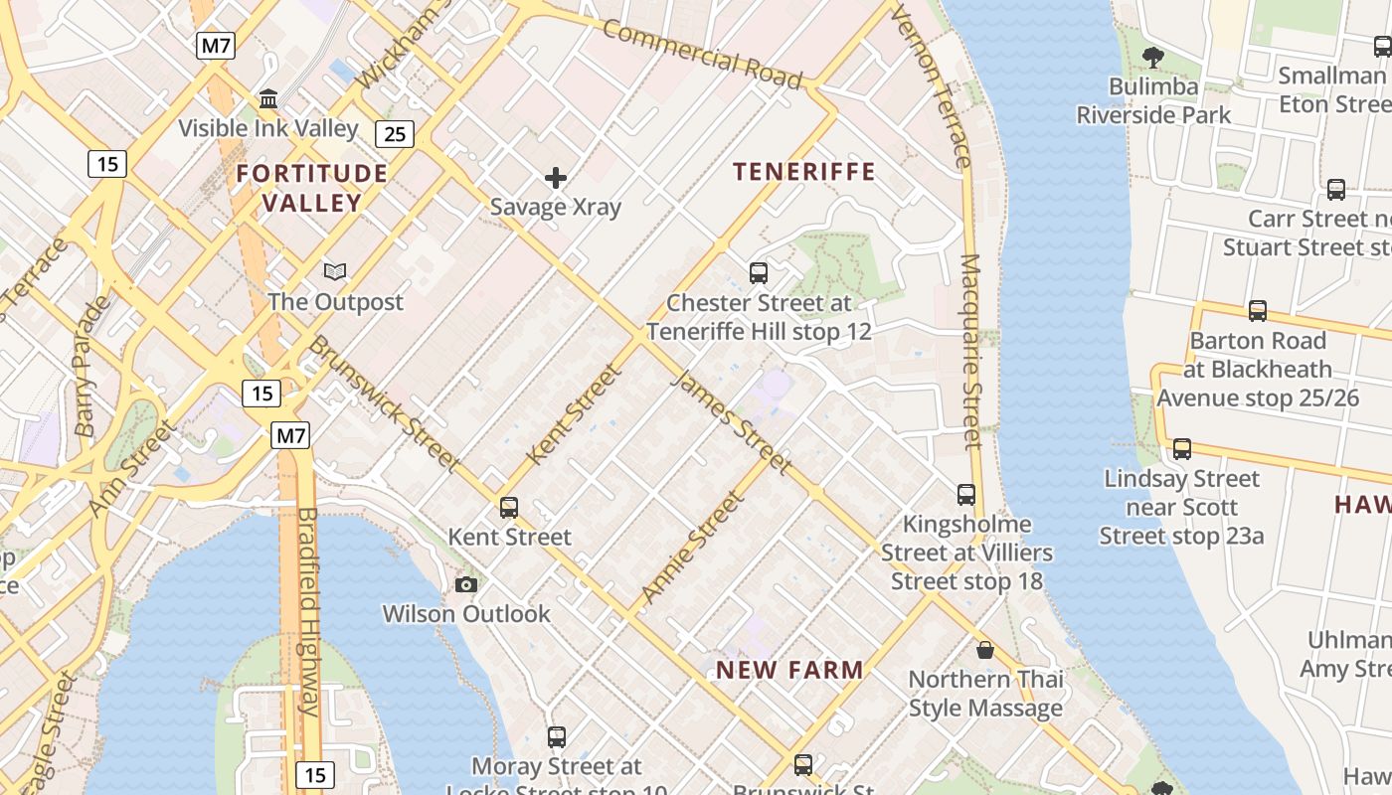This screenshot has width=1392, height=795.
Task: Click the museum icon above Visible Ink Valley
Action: (x=267, y=98)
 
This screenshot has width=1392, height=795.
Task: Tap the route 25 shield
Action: (x=395, y=133)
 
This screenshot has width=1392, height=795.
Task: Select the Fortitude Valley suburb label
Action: (x=312, y=188)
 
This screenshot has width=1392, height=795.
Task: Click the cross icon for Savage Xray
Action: (x=556, y=178)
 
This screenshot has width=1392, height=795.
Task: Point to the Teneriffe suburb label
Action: (x=804, y=172)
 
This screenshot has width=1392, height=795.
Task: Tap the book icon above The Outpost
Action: (x=336, y=271)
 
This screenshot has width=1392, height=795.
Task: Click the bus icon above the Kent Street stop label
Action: (x=509, y=507)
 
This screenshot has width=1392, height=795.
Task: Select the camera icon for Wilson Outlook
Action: (x=466, y=584)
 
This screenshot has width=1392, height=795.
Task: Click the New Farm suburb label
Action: (x=789, y=670)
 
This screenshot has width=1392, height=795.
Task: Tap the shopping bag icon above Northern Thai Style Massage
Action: (x=985, y=650)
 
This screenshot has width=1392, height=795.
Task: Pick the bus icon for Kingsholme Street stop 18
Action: (x=966, y=494)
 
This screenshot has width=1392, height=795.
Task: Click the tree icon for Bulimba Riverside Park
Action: (x=1153, y=57)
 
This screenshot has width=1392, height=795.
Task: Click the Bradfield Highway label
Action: (x=307, y=611)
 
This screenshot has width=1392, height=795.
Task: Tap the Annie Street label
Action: (x=692, y=549)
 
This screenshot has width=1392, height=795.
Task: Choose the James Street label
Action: (x=733, y=422)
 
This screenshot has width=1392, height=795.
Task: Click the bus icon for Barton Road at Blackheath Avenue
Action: (x=1258, y=310)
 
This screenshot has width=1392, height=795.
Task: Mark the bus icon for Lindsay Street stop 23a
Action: (x=1182, y=448)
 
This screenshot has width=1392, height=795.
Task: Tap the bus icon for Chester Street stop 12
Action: (x=759, y=272)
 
